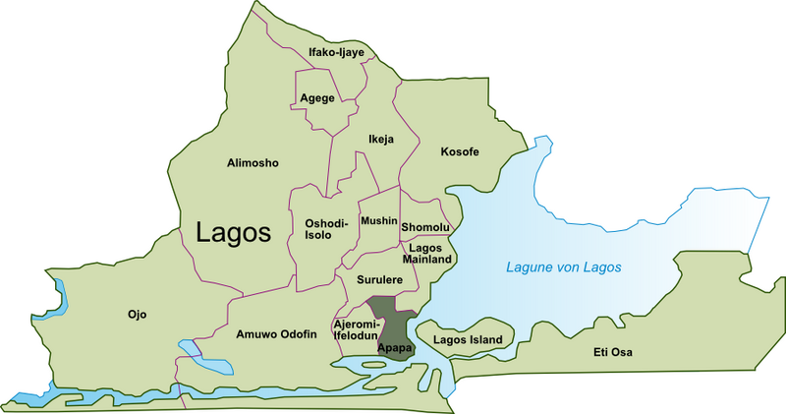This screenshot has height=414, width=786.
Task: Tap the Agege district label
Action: pos(317,97)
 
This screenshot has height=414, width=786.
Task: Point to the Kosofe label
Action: pos(460,152)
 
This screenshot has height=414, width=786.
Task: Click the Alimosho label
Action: pos(253,162)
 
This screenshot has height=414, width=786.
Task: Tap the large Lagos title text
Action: pos(233,233)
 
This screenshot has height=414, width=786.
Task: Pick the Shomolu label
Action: pos(425,227)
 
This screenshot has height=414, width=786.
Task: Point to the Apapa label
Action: pos(395,347)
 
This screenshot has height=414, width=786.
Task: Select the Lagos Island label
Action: pos(468,340)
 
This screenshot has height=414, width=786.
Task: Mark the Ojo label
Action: pos(137,315)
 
